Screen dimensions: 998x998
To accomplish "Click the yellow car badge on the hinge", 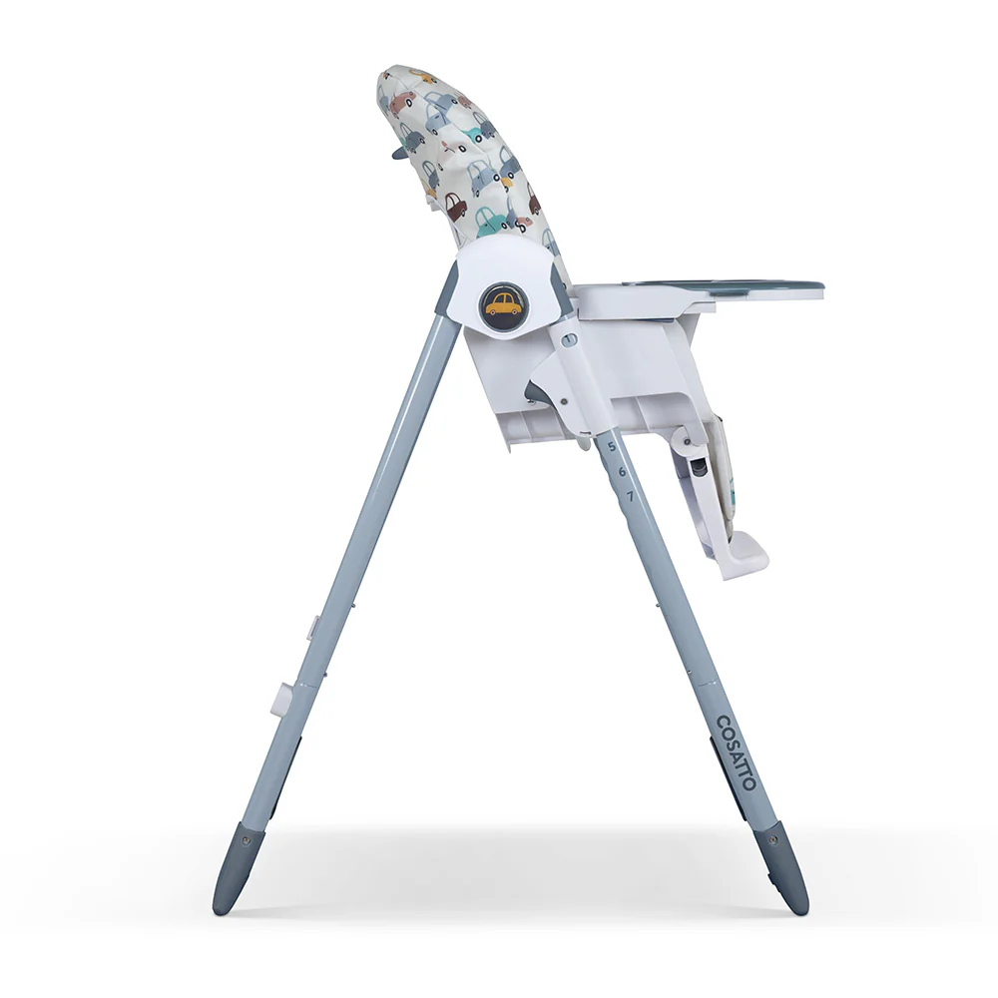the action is tap(503, 303).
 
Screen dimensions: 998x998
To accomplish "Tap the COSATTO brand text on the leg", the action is tap(736, 751).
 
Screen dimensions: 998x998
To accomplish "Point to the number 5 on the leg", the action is tap(612, 446).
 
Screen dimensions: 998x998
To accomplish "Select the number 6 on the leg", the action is tap(621, 470).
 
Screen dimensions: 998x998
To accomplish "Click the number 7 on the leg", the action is tap(630, 494).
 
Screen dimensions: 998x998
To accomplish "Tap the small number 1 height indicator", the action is tap(569, 340).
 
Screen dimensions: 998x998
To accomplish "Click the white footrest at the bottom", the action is tap(739, 555).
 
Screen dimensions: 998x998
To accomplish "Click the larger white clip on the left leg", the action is tap(281, 699).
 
